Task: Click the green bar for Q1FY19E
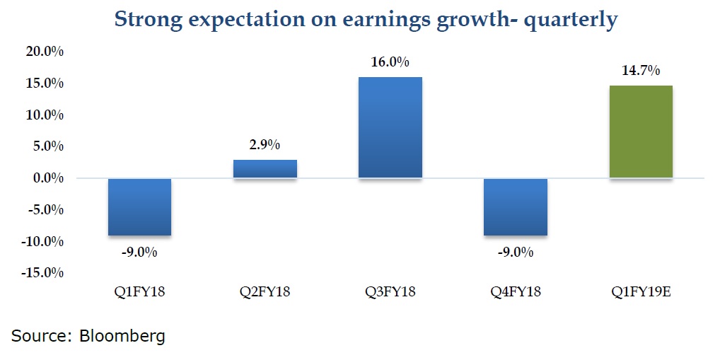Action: point(640,132)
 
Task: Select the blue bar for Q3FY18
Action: point(390,127)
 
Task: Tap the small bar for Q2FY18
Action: point(265,168)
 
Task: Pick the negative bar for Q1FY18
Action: point(140,207)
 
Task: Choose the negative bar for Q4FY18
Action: point(515,207)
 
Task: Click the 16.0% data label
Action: point(390,62)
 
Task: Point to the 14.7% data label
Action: point(641,71)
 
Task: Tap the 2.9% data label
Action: point(265,146)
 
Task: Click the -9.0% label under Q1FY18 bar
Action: point(140,252)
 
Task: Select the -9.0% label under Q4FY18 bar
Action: point(515,252)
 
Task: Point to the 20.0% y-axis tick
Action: point(45,52)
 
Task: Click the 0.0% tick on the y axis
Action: point(48,178)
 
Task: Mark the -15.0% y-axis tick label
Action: point(42,273)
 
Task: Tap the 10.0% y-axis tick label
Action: point(45,115)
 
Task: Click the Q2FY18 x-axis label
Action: point(265,291)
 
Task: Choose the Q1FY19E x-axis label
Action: point(641,291)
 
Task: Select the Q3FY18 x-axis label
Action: point(390,291)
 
